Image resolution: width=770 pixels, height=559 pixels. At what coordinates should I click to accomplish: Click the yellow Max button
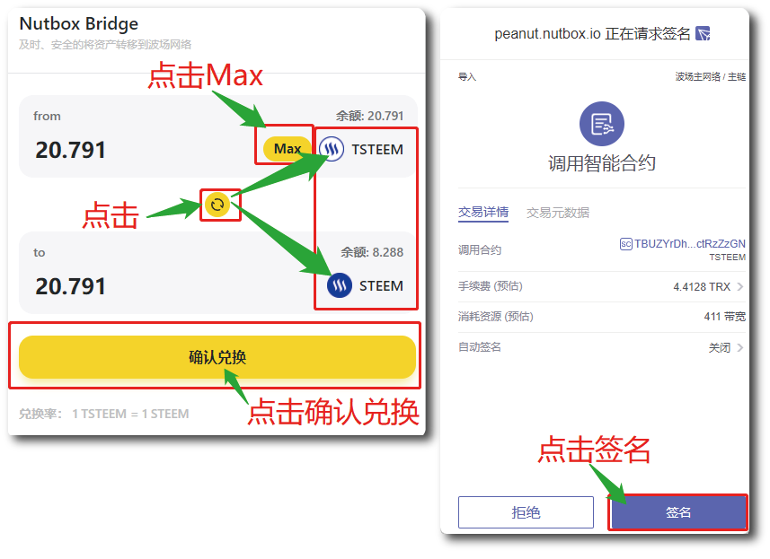tap(287, 149)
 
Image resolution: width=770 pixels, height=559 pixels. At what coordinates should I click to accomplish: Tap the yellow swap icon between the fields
tap(217, 205)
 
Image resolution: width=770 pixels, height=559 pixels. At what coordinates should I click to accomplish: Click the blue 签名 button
tap(678, 512)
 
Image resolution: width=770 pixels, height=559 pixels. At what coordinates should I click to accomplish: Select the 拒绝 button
tap(526, 512)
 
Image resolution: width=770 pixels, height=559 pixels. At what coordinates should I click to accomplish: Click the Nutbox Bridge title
tap(79, 24)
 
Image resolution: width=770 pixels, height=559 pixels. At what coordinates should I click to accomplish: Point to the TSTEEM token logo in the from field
tap(332, 149)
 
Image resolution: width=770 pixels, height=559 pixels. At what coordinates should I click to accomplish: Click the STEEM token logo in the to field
tap(340, 286)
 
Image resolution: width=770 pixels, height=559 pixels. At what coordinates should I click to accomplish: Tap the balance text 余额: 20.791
tap(369, 116)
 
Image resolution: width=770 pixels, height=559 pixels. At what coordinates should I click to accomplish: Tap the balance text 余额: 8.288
tap(372, 252)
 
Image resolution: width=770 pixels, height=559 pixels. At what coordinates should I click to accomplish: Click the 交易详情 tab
tap(483, 213)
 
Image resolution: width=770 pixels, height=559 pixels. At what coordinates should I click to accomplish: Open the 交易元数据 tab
tap(558, 213)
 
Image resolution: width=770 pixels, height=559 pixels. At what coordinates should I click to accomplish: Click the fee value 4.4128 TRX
tap(702, 287)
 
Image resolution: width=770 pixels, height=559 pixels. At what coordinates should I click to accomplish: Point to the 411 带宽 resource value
tap(724, 317)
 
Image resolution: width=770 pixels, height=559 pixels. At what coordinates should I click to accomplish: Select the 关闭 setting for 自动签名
tap(720, 347)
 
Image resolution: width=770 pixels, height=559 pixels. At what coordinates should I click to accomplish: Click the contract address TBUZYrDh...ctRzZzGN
tap(689, 243)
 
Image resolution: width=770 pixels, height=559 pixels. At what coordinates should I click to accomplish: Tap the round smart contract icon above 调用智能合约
tap(602, 125)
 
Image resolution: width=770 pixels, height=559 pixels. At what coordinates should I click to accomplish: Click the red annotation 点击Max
tap(206, 77)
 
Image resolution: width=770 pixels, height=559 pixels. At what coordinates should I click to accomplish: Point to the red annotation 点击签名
tap(594, 449)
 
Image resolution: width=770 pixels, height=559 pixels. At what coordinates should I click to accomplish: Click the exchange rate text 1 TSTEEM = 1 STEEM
tap(130, 414)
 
